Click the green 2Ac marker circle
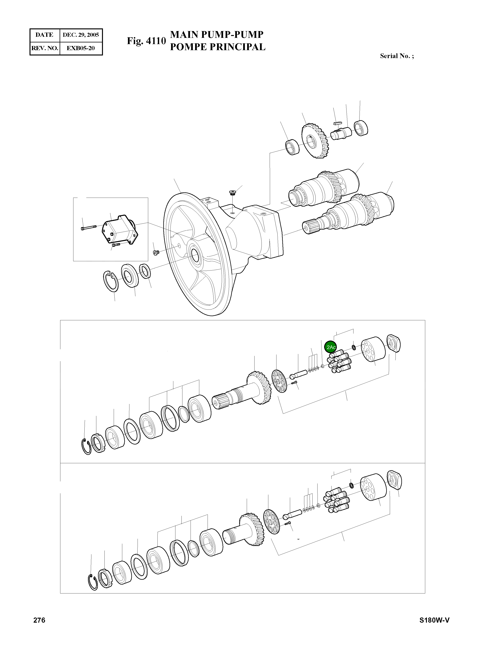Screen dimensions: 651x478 point(330,347)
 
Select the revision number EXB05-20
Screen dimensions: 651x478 point(81,48)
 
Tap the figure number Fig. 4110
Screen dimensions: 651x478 point(146,41)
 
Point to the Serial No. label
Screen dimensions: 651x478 point(397,56)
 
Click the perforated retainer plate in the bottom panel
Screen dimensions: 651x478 point(271,522)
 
